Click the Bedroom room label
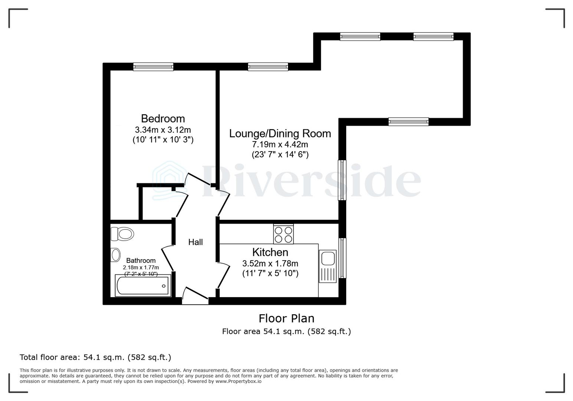(x=163, y=119)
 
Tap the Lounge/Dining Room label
(x=280, y=134)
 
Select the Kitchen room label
(x=270, y=252)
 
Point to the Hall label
(x=195, y=242)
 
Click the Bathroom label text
(x=141, y=261)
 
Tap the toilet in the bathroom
(x=122, y=234)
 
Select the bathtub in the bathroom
(x=143, y=286)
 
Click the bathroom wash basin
(x=116, y=255)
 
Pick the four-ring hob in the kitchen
(x=284, y=234)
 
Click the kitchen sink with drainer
(x=328, y=266)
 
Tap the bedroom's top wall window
(x=153, y=67)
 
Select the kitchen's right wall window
(x=342, y=258)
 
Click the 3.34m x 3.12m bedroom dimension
(x=163, y=130)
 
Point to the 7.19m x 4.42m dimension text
(x=280, y=144)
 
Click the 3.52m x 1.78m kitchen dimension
(x=270, y=264)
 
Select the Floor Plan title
(x=286, y=319)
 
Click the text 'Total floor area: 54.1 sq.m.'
(x=72, y=358)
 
